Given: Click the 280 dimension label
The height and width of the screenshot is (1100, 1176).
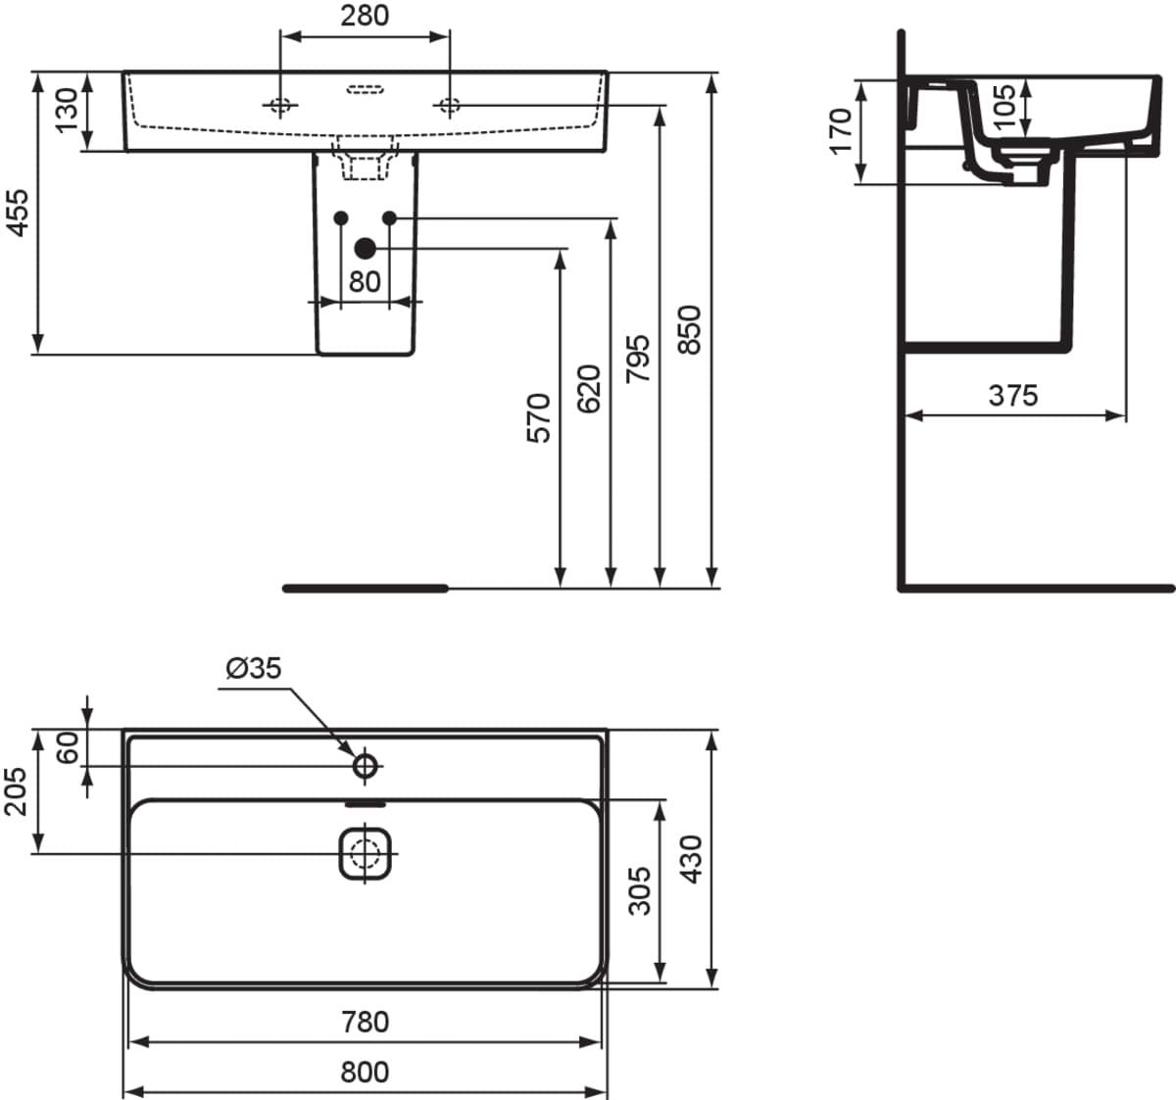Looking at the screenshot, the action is (365, 16).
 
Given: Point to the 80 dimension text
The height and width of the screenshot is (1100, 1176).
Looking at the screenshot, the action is (365, 282).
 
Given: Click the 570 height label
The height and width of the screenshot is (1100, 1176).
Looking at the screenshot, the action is (538, 417).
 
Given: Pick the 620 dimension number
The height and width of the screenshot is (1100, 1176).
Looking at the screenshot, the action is (589, 389).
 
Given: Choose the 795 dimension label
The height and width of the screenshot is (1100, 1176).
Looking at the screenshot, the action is (638, 359).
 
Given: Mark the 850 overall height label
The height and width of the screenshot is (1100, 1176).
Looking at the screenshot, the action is (689, 330).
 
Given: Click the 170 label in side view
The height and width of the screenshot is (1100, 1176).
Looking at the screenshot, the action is (840, 131).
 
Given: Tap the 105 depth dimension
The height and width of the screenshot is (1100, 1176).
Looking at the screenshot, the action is (1004, 107).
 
